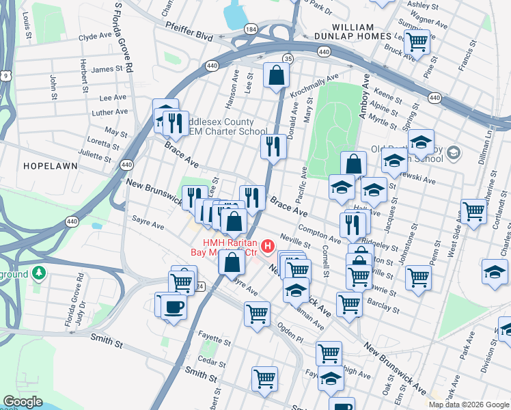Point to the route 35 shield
tap(288, 59)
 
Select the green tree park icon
tap(40, 273)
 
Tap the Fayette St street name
tap(216, 336)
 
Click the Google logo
tap(23, 402)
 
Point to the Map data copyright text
tap(469, 405)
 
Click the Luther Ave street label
tap(110, 112)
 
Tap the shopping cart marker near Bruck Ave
tap(416, 42)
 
